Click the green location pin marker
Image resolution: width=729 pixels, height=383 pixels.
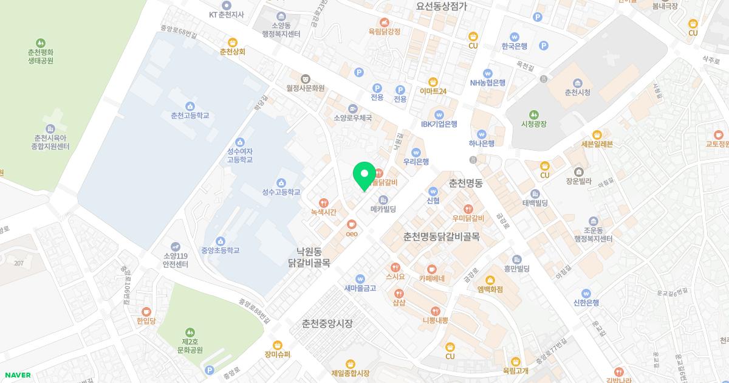[x=364, y=175]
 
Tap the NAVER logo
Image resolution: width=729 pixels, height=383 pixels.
[x=16, y=375]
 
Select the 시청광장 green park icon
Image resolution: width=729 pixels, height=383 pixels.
[x=533, y=114]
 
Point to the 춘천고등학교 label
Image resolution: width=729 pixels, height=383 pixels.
[x=190, y=116]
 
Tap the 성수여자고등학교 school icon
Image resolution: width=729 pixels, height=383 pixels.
[x=240, y=142]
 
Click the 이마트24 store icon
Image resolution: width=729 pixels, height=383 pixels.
[x=433, y=81]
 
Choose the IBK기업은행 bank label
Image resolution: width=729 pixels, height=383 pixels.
[x=439, y=124]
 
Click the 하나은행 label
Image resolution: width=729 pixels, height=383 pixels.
[x=482, y=143]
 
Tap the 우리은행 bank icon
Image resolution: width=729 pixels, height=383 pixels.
[x=416, y=152]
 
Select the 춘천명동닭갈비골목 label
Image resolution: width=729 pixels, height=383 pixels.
[x=442, y=236]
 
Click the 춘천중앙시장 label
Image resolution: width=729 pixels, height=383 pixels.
[x=327, y=323]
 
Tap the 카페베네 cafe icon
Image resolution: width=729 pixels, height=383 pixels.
[x=432, y=269]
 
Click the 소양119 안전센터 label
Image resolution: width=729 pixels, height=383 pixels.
[x=176, y=260]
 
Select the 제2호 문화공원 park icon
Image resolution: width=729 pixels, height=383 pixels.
[x=190, y=332]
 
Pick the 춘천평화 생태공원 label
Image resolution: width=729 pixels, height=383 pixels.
[x=41, y=57]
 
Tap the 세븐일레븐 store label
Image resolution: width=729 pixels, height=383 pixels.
[x=597, y=144]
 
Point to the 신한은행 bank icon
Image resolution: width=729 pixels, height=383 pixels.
[x=586, y=293]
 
